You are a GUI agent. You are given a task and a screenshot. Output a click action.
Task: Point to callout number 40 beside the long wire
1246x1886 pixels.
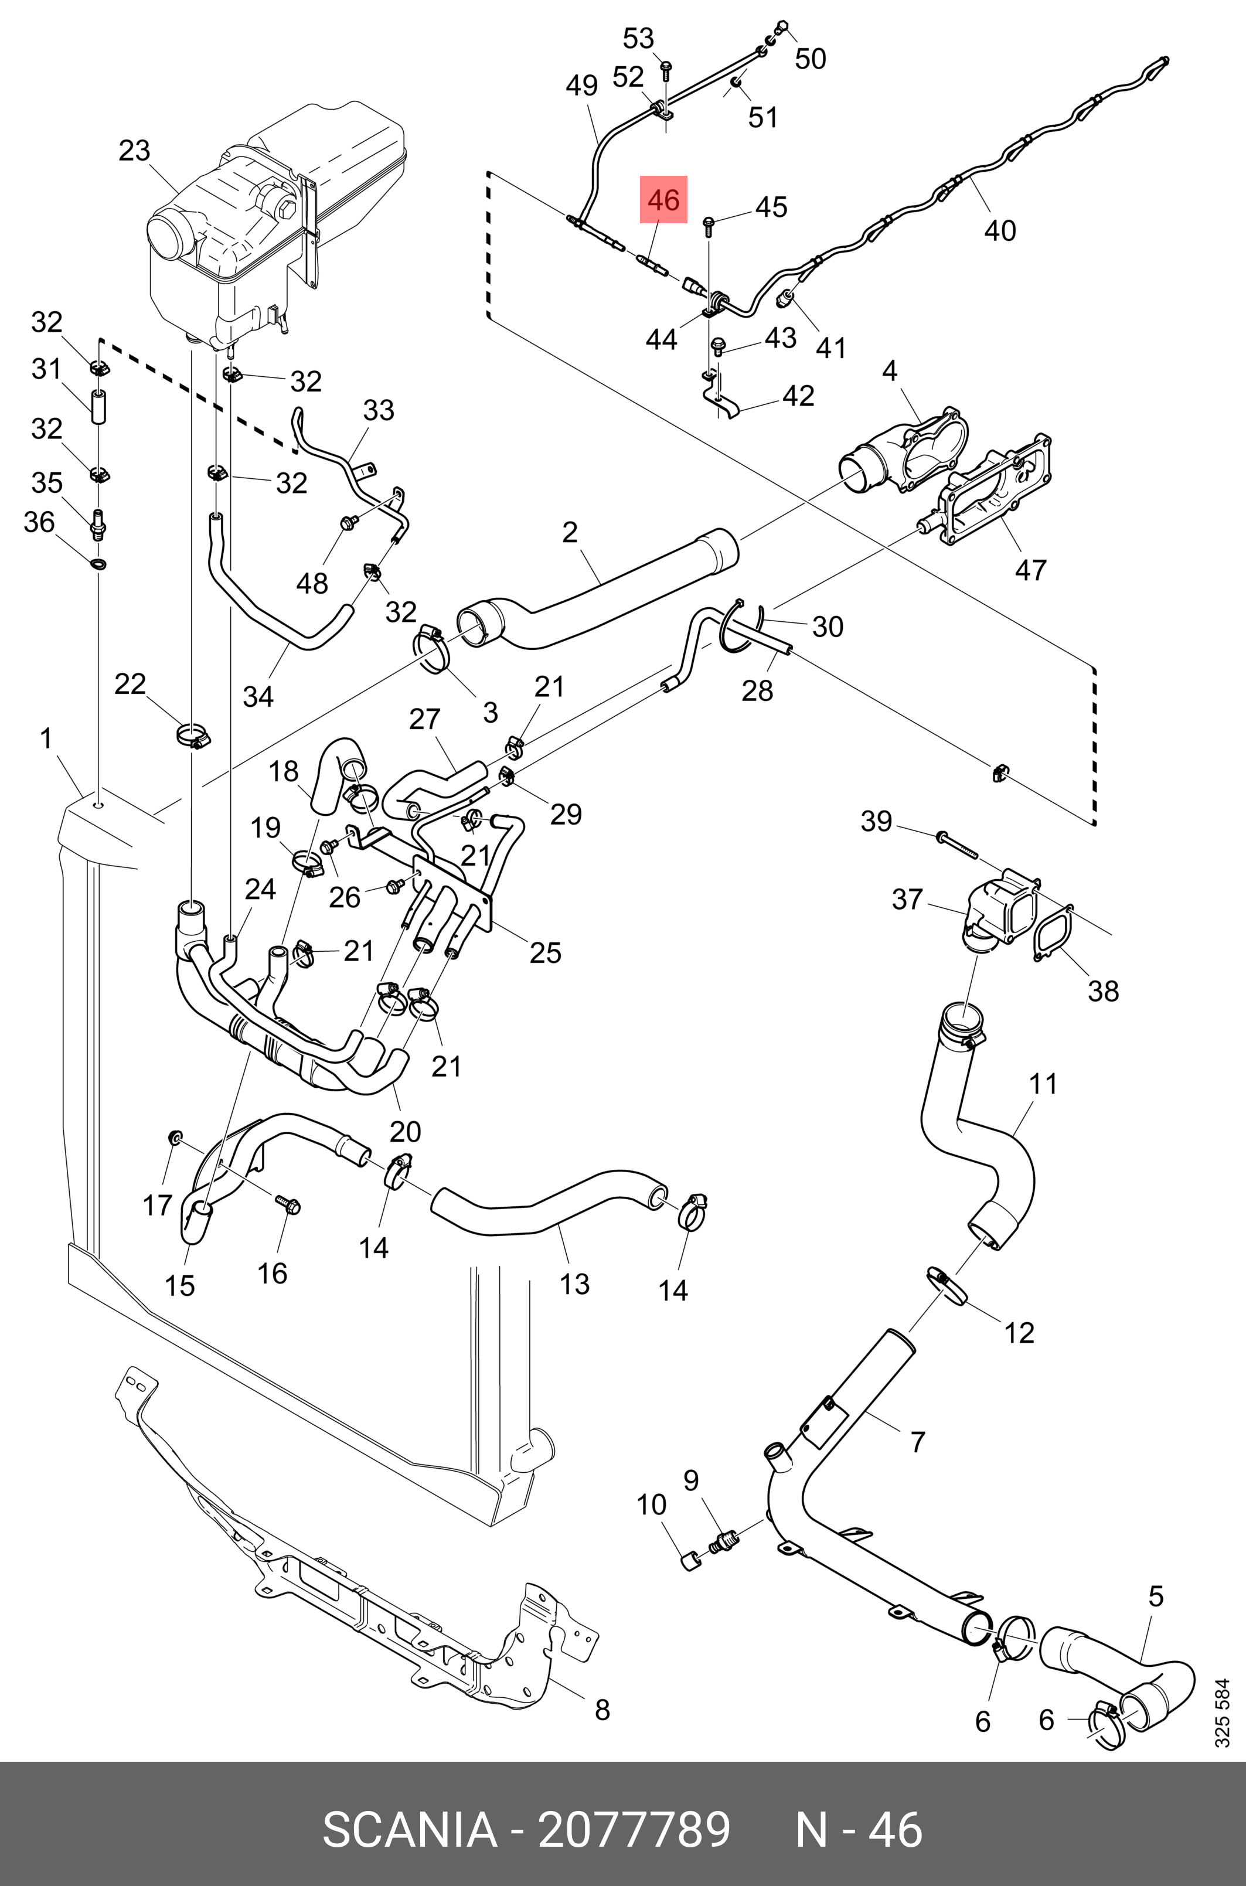pos(1000,230)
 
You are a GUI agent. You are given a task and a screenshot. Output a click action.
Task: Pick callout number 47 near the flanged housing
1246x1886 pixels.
pos(1031,570)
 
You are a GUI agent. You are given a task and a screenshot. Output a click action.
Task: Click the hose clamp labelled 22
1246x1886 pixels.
pos(193,737)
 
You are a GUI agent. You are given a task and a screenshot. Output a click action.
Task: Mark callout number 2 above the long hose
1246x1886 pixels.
pos(570,532)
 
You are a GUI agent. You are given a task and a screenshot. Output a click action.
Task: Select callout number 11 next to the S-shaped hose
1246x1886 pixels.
pos(1043,1083)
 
